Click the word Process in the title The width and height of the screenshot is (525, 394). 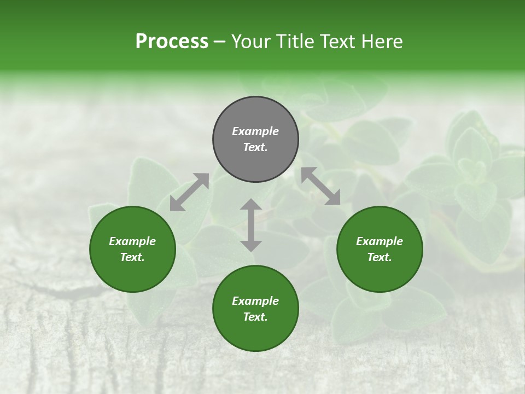(x=172, y=42)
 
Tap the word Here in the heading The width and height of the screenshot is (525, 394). (x=381, y=42)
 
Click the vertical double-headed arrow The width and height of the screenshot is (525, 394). (x=251, y=225)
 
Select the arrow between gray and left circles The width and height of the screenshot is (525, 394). (x=189, y=192)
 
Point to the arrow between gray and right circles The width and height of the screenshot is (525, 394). (x=321, y=187)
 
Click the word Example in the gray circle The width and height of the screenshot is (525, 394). (x=255, y=131)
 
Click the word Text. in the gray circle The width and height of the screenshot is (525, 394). (x=255, y=147)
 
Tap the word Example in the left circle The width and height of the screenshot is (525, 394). (x=132, y=241)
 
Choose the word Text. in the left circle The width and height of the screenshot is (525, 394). (x=132, y=257)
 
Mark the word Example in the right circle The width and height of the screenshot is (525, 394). (x=380, y=241)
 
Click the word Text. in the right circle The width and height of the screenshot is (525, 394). (x=380, y=257)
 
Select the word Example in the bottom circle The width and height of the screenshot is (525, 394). (x=255, y=301)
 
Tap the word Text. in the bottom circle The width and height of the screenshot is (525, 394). (x=255, y=317)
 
